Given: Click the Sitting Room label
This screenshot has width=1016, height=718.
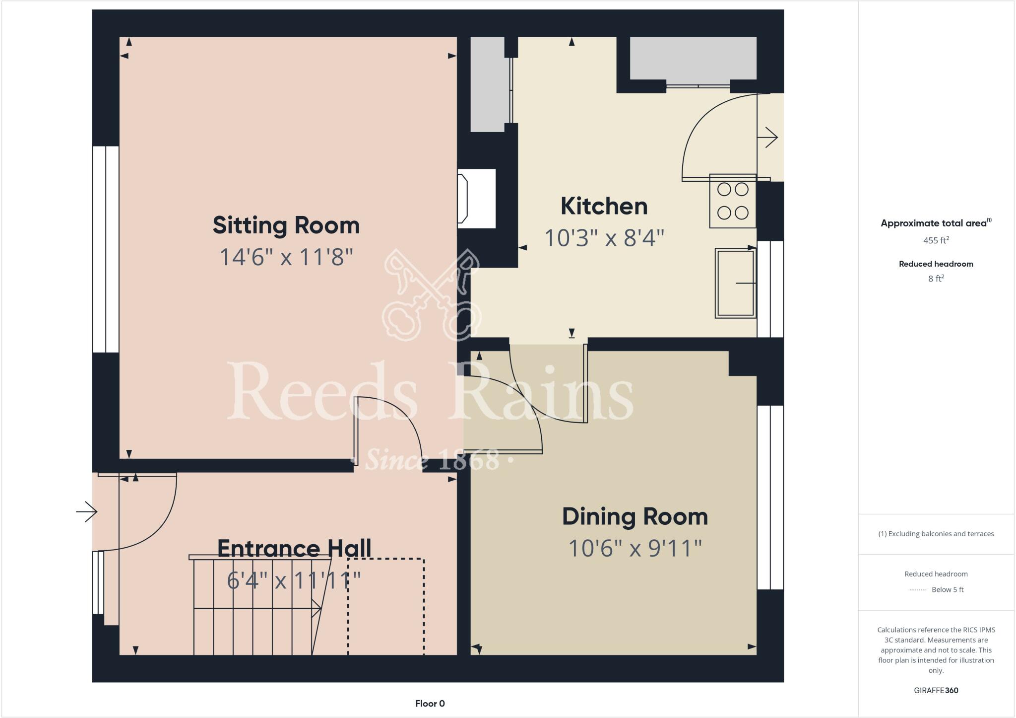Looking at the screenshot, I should pos(286,225).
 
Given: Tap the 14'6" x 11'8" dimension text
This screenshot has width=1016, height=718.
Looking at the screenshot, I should pos(286,257).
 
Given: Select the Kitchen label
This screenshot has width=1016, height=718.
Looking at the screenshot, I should pos(604,206).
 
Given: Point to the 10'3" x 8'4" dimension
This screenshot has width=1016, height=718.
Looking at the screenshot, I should pos(604,238).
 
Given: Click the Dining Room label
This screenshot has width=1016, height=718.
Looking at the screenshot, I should pos(635,516).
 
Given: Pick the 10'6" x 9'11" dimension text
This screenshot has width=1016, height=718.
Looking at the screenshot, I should pos(635,549).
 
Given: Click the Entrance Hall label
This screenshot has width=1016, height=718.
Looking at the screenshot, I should pos(294,548).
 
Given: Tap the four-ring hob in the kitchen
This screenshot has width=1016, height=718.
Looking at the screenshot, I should pos(733,201).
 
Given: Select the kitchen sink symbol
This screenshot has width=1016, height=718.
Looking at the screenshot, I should pos(735,283).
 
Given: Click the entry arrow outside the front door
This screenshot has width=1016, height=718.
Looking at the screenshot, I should pos(86,512).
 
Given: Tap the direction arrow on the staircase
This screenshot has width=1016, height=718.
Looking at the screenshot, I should pos(316,608).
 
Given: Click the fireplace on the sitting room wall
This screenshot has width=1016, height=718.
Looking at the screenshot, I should pos(476,199).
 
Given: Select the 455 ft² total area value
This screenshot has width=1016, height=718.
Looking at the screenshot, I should pos(936,240).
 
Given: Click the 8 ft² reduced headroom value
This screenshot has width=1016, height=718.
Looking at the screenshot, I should pos(936,279).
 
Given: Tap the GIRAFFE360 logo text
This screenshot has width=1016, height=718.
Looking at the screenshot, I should pos(936,690).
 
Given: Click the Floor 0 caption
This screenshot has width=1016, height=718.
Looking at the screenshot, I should pos(430,704).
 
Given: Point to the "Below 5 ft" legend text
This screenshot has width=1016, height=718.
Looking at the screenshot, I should pos(948,590).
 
